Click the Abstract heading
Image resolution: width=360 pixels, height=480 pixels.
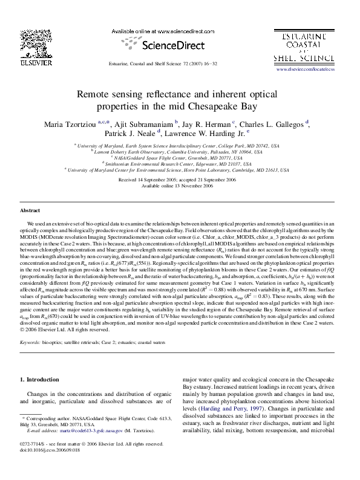click(x=30, y=210)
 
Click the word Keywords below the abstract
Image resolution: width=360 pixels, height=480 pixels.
click(x=31, y=342)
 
